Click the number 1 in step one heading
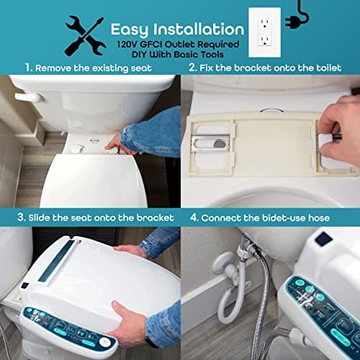[27, 68]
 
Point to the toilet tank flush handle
[26, 97]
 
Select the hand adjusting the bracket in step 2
[338, 122]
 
